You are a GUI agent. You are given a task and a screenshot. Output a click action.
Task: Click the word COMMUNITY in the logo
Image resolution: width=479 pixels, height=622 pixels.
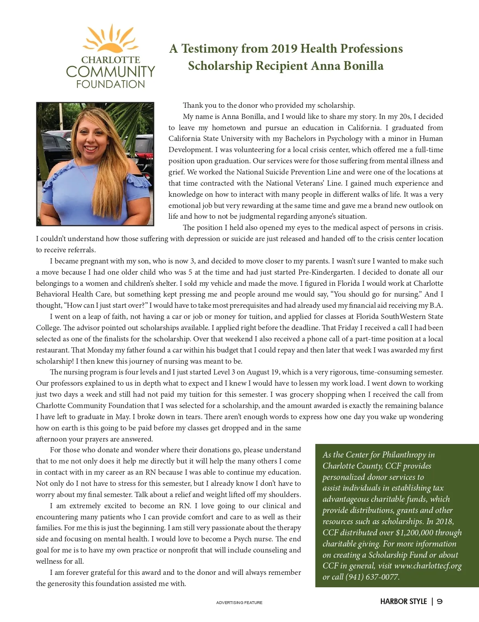coord(111,72)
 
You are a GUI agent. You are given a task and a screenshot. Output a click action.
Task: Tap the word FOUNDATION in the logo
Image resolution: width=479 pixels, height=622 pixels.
coord(111,84)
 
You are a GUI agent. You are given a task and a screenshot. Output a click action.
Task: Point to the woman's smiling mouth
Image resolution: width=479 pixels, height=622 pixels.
coord(91,148)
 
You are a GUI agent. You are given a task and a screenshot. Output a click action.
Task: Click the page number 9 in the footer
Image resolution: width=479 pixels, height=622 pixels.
coord(439,602)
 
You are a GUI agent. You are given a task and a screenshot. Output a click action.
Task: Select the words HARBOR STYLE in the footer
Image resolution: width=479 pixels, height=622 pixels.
coord(404,602)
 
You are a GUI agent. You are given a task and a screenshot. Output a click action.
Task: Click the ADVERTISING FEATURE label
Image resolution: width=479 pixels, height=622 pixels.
coord(239,602)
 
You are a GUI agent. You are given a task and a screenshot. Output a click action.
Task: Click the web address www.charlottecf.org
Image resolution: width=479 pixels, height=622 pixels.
coord(428,566)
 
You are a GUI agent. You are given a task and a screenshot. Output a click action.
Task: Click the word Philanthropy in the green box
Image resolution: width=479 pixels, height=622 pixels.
coord(404,455)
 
